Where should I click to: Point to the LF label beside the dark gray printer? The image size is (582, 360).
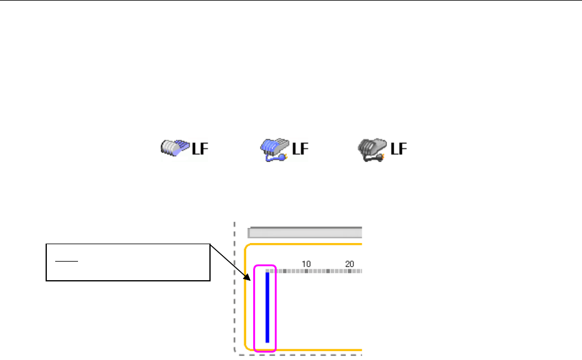(x=398, y=148)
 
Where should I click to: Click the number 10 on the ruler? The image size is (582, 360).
(x=306, y=263)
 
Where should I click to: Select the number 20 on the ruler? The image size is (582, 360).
(x=350, y=263)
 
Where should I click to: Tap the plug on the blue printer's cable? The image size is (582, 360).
(x=284, y=158)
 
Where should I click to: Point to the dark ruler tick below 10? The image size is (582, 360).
(x=306, y=271)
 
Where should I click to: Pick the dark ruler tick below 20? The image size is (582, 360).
(x=350, y=271)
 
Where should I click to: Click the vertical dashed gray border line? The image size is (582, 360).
(x=233, y=288)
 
